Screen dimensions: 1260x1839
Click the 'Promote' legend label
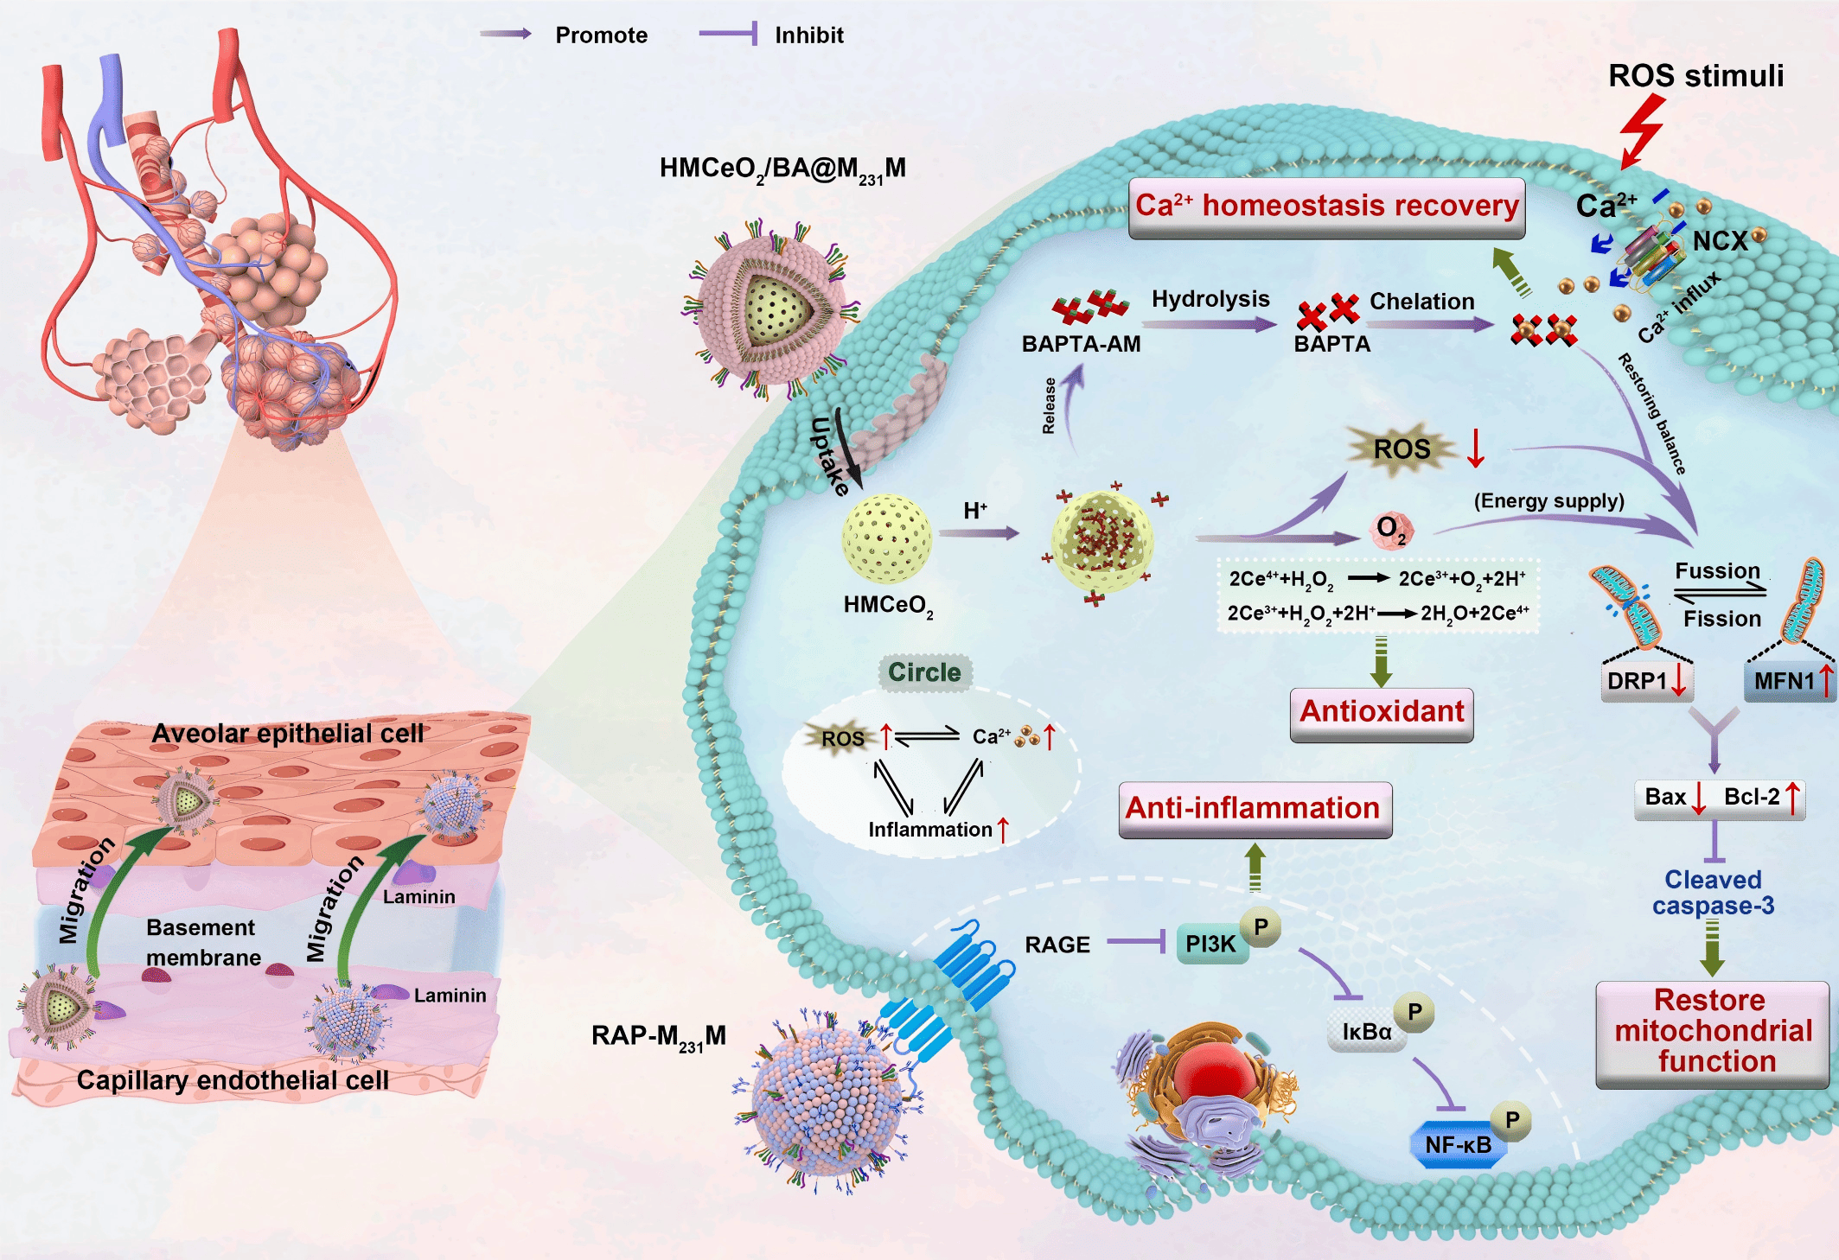(x=601, y=35)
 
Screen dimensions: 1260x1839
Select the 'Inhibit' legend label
(x=808, y=35)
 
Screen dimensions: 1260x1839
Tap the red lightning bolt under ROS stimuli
(x=1642, y=130)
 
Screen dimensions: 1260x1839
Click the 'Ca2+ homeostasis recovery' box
(x=1326, y=207)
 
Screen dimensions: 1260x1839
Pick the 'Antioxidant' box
(x=1381, y=713)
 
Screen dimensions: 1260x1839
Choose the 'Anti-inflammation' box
(x=1255, y=809)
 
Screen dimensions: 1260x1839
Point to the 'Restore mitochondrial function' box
(x=1712, y=1032)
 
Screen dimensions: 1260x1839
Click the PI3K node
(x=1210, y=945)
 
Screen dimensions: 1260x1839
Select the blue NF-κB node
(x=1458, y=1145)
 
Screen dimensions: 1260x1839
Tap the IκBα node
(x=1366, y=1032)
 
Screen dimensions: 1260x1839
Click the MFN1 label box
(x=1786, y=681)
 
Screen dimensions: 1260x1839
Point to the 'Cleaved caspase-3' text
(x=1712, y=893)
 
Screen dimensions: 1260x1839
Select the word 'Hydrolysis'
(x=1210, y=299)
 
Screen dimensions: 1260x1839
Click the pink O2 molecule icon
(x=1391, y=529)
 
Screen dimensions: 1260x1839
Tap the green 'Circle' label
(x=924, y=672)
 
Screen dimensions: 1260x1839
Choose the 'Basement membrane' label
(x=202, y=942)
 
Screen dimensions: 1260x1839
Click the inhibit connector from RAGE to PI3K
(x=1136, y=941)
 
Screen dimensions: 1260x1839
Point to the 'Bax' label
(x=1665, y=797)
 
